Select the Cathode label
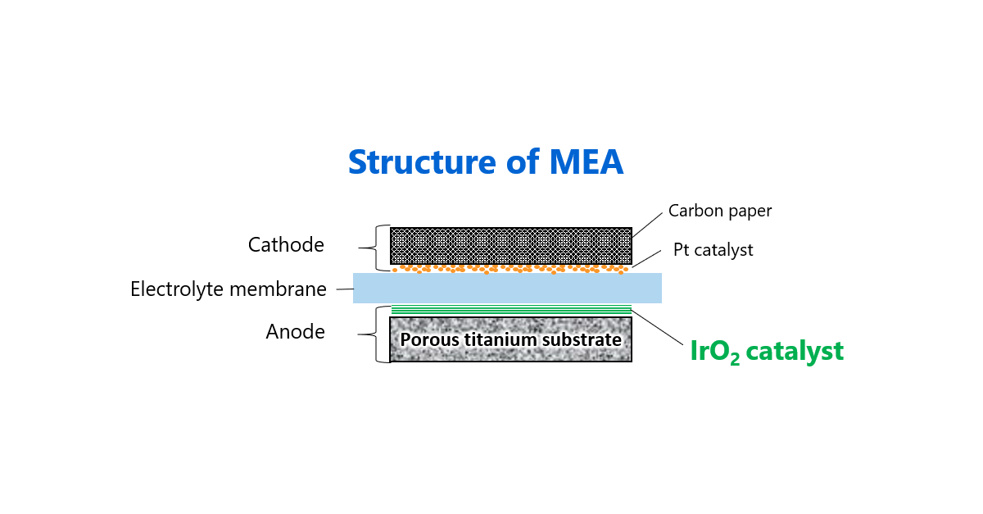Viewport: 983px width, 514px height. coord(286,245)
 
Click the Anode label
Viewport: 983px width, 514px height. coord(295,332)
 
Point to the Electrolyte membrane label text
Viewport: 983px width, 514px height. coord(229,289)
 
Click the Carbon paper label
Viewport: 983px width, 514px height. coord(720,211)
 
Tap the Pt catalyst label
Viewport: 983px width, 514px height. coord(713,250)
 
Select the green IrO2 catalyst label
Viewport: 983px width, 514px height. coord(767,352)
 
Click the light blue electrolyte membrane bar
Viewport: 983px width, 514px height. coord(507,289)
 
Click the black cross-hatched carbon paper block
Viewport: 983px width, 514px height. coord(510,245)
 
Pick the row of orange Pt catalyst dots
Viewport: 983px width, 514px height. coord(510,268)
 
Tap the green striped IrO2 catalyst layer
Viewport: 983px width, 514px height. coord(510,310)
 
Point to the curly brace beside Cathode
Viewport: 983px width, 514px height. coord(379,248)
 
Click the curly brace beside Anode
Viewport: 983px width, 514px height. coord(379,334)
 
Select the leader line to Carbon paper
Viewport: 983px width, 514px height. coord(647,225)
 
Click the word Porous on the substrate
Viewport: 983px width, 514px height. coord(427,339)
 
